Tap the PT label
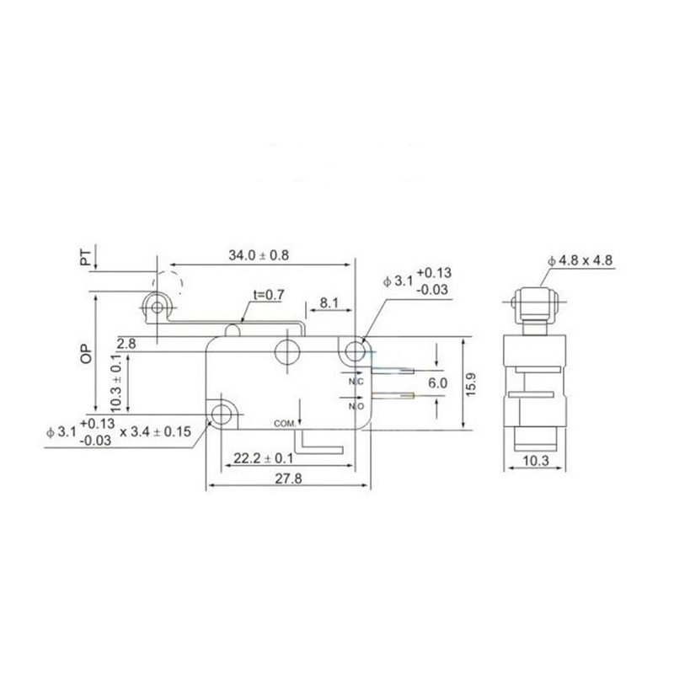(86, 258)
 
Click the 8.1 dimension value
(329, 302)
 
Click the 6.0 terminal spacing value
(437, 382)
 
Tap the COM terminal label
(282, 422)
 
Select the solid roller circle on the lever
(155, 308)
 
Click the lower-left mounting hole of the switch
(222, 414)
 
